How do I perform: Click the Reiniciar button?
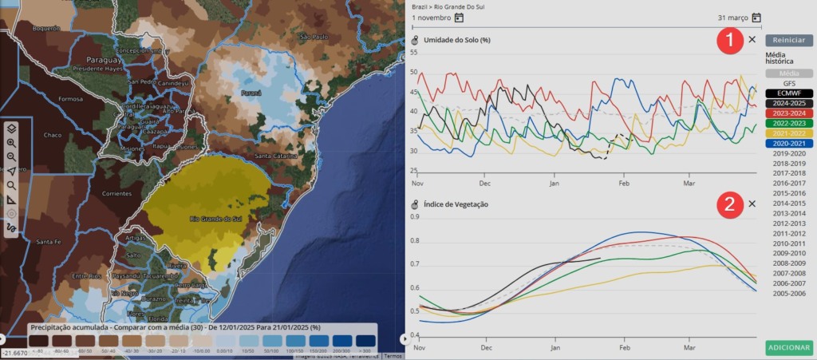tap(788, 40)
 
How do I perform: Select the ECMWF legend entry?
tap(788, 93)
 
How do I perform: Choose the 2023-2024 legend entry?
tap(788, 113)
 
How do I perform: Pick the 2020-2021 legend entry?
tap(788, 143)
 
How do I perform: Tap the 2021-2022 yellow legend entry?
tap(788, 133)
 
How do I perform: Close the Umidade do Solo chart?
tap(752, 39)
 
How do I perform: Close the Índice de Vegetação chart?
tap(752, 204)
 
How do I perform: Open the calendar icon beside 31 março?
tap(756, 18)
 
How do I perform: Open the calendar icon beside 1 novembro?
tap(459, 18)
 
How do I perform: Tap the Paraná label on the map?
tap(251, 93)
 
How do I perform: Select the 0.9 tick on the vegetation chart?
tap(414, 216)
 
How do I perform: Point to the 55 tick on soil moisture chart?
tap(413, 53)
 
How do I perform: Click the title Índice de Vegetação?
tap(456, 204)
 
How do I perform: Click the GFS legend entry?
tap(788, 83)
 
